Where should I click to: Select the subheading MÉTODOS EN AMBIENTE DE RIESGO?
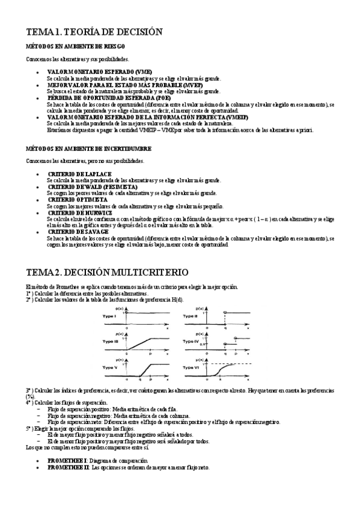[x=76, y=46]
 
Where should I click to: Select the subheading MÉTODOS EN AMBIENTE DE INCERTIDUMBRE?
[x=89, y=148]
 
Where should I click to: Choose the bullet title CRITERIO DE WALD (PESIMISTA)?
[x=93, y=187]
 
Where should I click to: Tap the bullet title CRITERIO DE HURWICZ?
[x=79, y=212]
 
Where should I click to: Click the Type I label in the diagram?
[x=109, y=315]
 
